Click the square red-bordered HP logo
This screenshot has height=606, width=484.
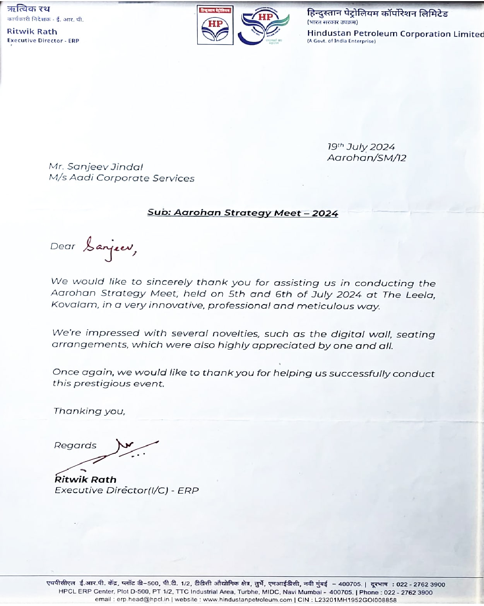215,25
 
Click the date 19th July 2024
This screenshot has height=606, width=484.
361,147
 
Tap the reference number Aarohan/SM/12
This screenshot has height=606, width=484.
366,158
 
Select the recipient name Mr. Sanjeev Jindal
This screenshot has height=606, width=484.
96,167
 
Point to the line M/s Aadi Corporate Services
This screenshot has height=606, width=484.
121,178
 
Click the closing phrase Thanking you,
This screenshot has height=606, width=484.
89,411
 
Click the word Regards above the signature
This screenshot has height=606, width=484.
75,446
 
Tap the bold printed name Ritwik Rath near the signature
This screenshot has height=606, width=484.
86,480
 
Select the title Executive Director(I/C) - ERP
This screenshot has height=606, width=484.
127,491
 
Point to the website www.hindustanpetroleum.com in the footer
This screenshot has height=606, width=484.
248,599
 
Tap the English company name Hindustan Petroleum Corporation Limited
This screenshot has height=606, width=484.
395,34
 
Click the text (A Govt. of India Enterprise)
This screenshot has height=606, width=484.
341,41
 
